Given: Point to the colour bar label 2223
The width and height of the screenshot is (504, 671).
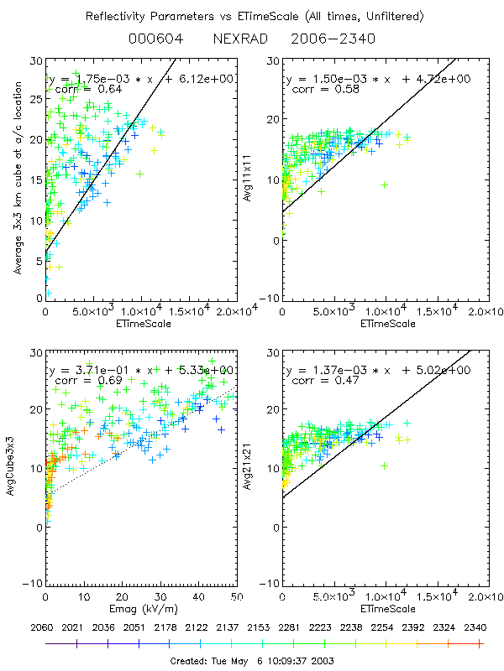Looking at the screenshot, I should click(x=353, y=629).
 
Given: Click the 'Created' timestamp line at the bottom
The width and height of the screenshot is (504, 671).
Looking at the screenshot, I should click(x=252, y=659).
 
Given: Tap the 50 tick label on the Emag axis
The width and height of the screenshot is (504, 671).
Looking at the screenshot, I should click(x=236, y=596).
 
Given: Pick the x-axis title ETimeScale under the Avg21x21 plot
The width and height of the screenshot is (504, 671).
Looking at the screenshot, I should click(x=388, y=607).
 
